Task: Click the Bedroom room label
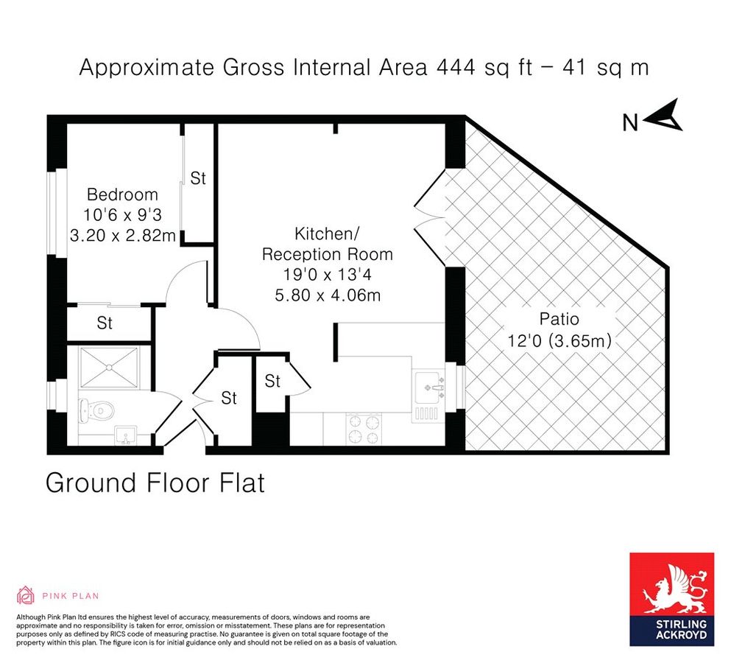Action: pyautogui.click(x=122, y=194)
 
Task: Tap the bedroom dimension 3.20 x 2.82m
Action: pyautogui.click(x=122, y=236)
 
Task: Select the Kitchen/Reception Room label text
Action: pyautogui.click(x=327, y=245)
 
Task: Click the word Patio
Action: pyautogui.click(x=559, y=320)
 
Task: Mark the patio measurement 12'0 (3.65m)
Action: pyautogui.click(x=559, y=342)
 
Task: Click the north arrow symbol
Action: pyautogui.click(x=665, y=116)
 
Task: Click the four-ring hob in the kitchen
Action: pyautogui.click(x=364, y=429)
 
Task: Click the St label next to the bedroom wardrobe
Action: pyautogui.click(x=198, y=178)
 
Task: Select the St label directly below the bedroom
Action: pyautogui.click(x=105, y=323)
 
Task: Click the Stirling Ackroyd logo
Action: pyautogui.click(x=671, y=599)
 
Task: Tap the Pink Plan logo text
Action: pyautogui.click(x=70, y=596)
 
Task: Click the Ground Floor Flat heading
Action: pyautogui.click(x=155, y=483)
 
